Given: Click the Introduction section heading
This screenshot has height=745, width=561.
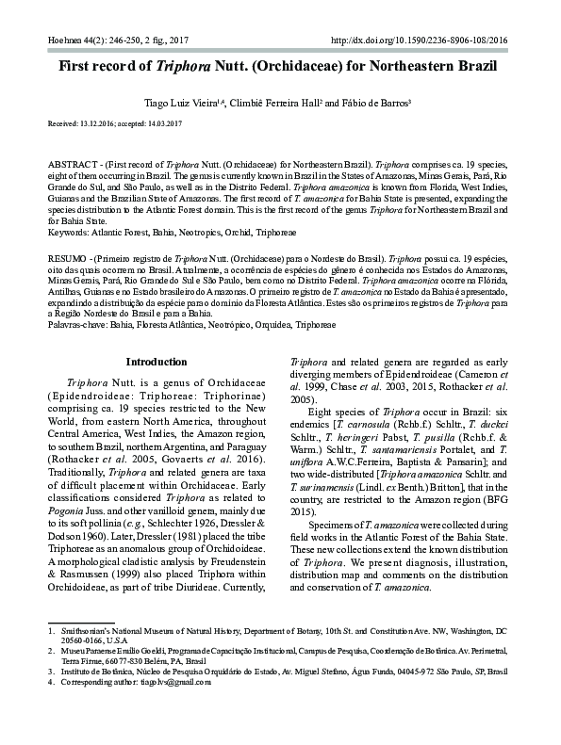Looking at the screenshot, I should [x=157, y=362].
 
